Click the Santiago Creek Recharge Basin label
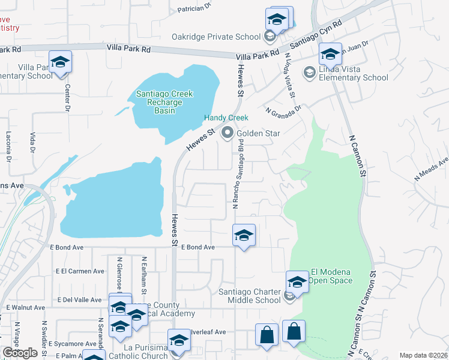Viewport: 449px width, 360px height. pos(164,102)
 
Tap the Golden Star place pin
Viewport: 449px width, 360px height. pos(227,133)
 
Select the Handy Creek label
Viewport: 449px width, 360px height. pos(226,118)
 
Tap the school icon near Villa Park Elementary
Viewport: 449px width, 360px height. pos(60,62)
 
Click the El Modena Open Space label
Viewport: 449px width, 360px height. pos(330,276)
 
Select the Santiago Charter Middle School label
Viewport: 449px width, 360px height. pos(249,296)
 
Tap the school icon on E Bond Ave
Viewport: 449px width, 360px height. pos(244,236)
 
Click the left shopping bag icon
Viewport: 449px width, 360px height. pos(267,335)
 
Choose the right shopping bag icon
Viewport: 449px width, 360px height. pos(294,331)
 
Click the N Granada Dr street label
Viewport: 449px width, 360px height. pos(282,107)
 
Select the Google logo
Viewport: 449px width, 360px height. pos(20,353)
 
